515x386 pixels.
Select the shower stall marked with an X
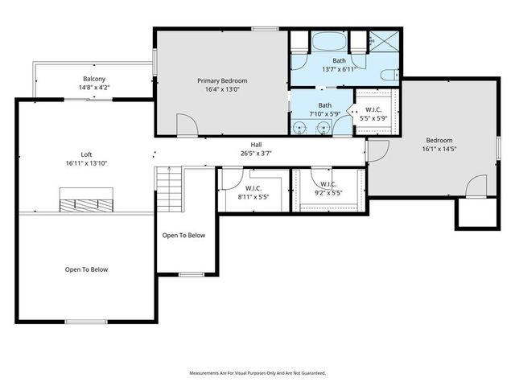point(383,41)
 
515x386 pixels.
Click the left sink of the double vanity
point(301,126)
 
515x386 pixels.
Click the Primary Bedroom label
point(222,80)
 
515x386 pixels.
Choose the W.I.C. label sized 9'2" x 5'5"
point(328,193)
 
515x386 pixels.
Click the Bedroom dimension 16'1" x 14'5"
point(439,148)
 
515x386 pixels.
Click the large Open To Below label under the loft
point(86,269)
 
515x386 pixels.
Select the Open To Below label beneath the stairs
point(183,236)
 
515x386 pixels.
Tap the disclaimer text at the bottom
point(257,373)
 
